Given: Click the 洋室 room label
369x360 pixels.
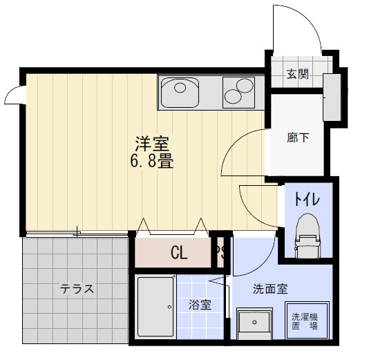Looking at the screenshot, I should pyautogui.click(x=152, y=144).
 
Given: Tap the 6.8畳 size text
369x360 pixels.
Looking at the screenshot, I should pyautogui.click(x=152, y=163).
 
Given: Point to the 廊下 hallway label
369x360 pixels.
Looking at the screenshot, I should pyautogui.click(x=298, y=137).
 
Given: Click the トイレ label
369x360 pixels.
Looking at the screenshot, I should pyautogui.click(x=306, y=200).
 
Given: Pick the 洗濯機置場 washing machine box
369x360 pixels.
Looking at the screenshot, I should pyautogui.click(x=305, y=322).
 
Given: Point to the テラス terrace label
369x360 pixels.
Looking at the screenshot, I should pyautogui.click(x=77, y=290).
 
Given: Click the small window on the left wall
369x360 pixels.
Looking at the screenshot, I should pyautogui.click(x=12, y=97).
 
